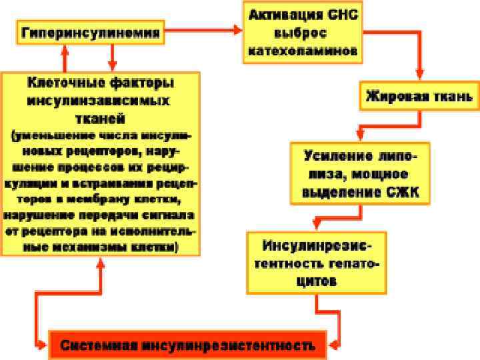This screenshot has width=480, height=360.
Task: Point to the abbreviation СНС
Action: (x=343, y=14)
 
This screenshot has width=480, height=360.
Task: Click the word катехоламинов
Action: (x=303, y=50)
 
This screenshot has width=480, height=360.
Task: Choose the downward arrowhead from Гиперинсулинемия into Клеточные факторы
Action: (x=111, y=67)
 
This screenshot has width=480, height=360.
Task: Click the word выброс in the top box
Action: (x=301, y=32)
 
